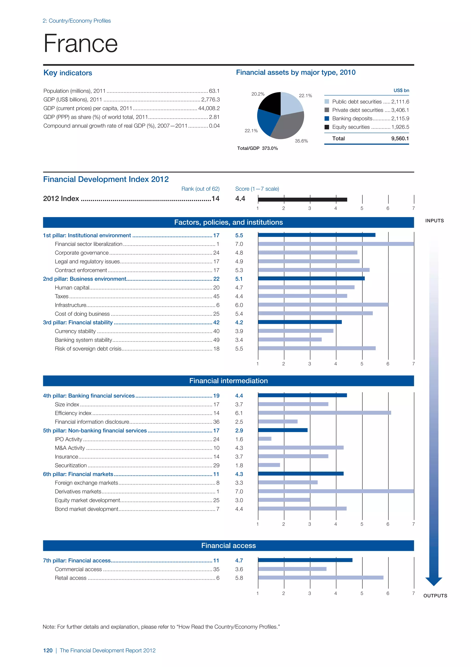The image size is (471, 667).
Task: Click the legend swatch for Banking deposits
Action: [x=327, y=119]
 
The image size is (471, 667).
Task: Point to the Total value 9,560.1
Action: [x=400, y=139]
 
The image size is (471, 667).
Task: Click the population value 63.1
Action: [x=214, y=91]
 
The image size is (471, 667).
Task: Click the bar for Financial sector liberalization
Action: [x=336, y=244]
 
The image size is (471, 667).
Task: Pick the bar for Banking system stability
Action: [x=290, y=339]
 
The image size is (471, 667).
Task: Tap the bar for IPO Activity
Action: [x=264, y=439]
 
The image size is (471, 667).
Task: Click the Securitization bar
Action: [x=269, y=465]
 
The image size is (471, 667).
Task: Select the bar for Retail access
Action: [x=320, y=578]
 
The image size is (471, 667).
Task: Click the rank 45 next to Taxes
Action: [x=216, y=296]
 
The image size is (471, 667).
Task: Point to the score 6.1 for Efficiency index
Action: [x=239, y=413]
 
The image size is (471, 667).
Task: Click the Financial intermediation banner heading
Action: [x=229, y=381]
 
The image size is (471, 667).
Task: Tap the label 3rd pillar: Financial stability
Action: [x=78, y=322]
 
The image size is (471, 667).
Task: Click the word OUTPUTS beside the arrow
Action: [x=435, y=596]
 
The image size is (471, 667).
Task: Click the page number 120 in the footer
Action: [x=48, y=650]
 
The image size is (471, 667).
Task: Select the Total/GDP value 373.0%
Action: [x=270, y=148]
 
